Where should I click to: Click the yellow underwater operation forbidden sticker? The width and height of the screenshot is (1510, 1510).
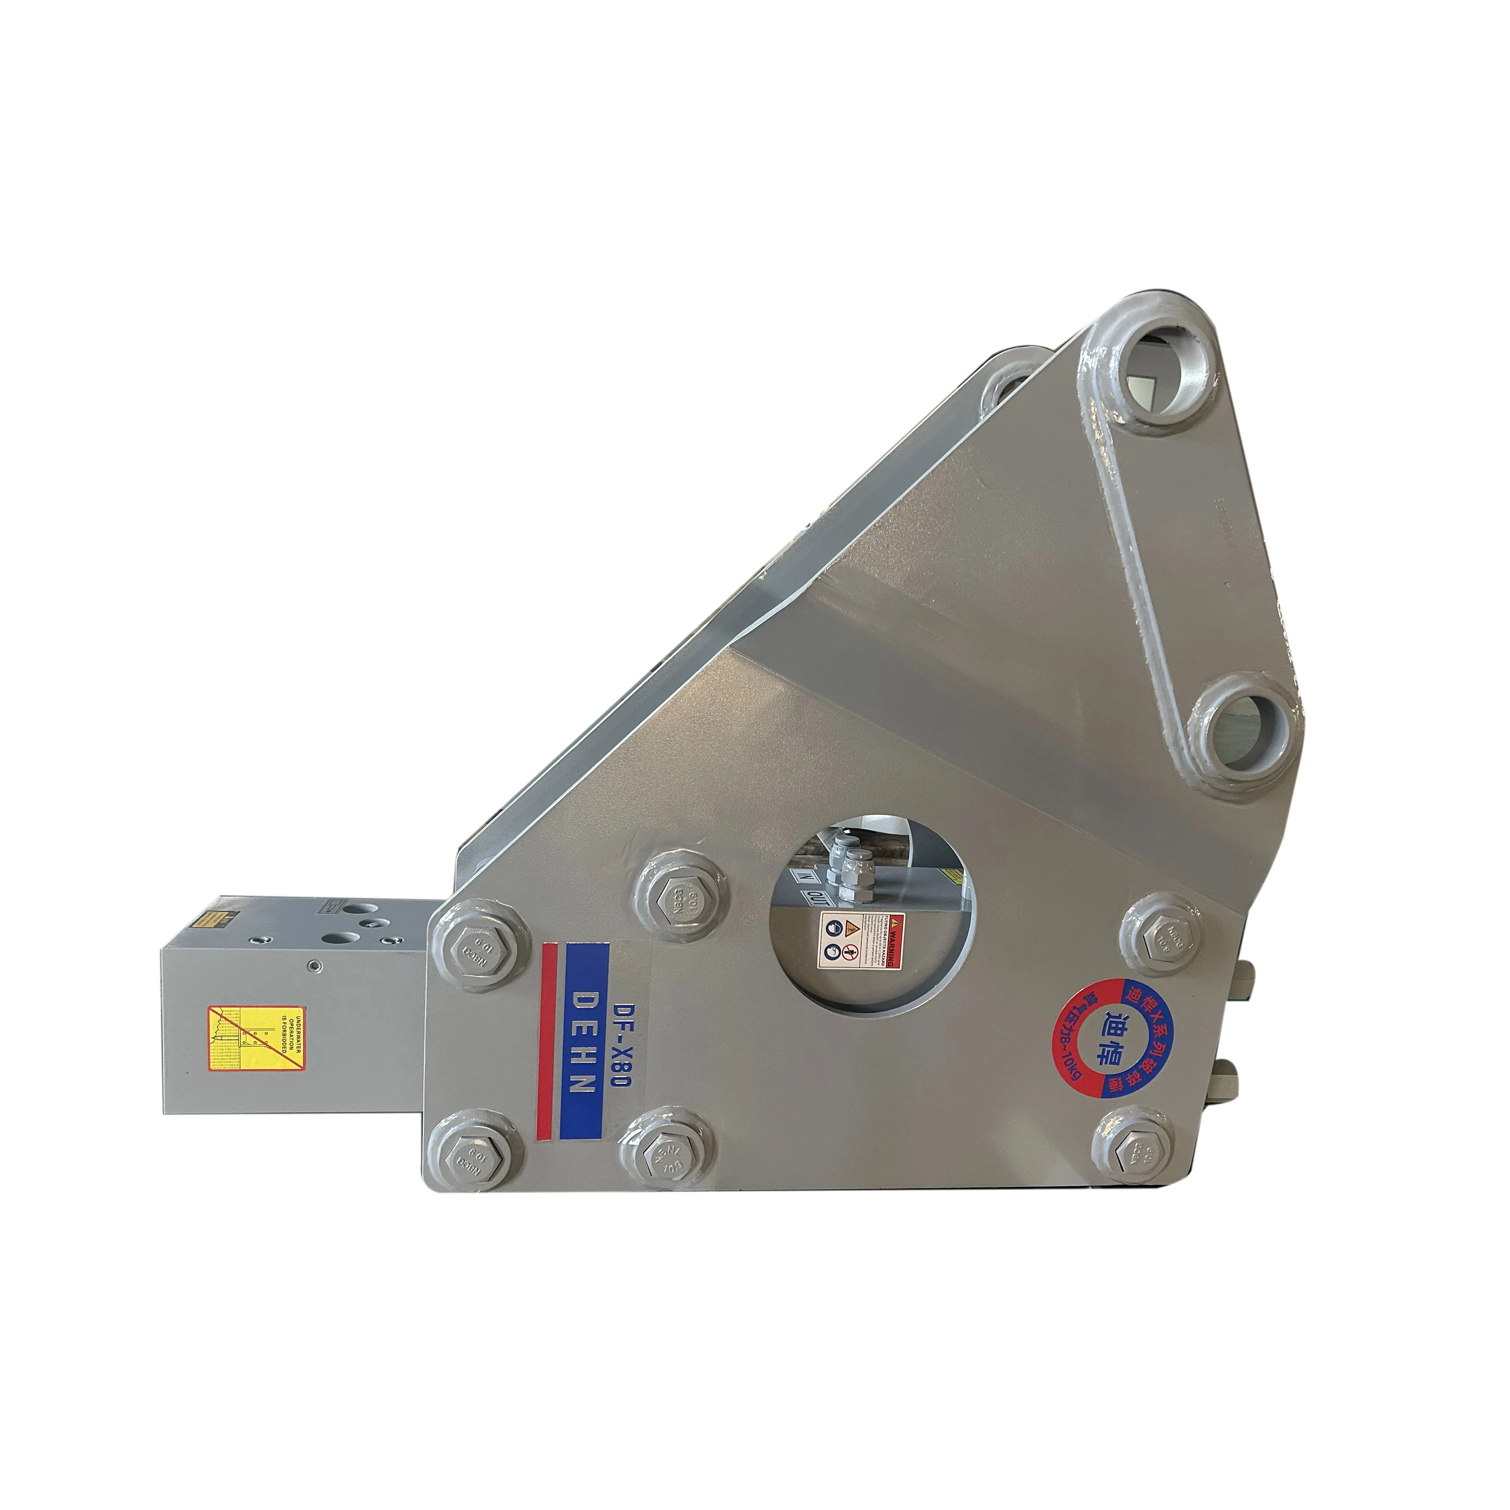[256, 1039]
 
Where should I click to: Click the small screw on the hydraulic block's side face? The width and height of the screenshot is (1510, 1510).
[314, 965]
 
